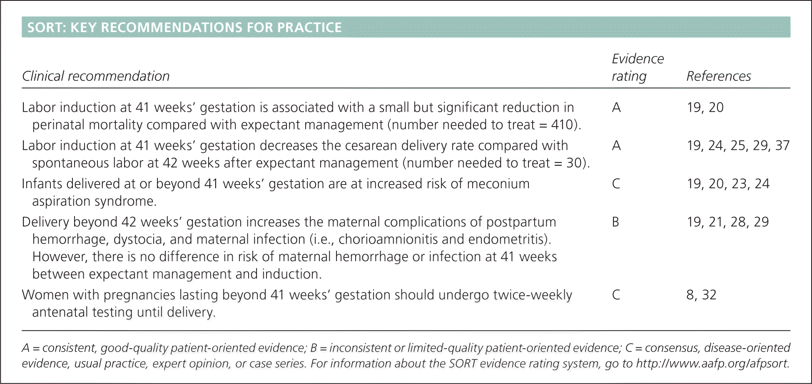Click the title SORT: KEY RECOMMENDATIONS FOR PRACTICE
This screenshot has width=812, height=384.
click(x=184, y=27)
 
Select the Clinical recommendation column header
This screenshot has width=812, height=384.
click(x=96, y=76)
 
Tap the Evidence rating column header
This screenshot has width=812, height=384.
click(x=638, y=67)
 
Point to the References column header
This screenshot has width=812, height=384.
click(x=719, y=76)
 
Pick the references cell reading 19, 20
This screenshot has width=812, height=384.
click(x=705, y=107)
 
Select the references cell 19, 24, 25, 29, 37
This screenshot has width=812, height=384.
click(x=738, y=145)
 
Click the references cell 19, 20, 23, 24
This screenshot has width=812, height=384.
click(x=728, y=184)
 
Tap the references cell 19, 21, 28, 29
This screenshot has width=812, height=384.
click(x=728, y=222)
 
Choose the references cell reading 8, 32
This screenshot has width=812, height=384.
click(x=702, y=295)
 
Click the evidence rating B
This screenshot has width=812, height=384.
click(x=615, y=222)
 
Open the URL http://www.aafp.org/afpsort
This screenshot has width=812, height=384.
click(x=712, y=364)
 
